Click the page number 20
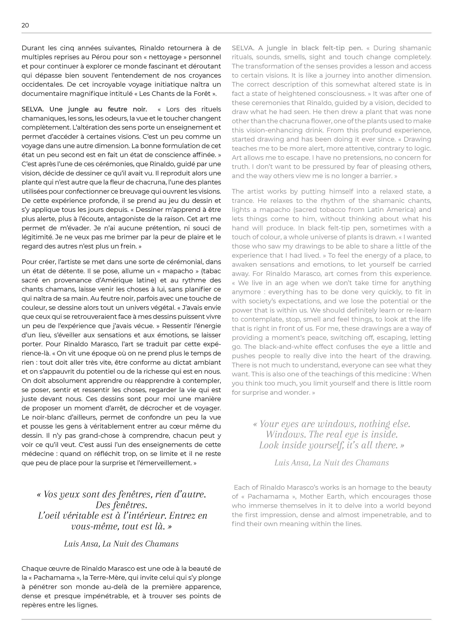point(25,25)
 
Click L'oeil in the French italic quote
point(49,516)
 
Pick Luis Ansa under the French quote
point(81,544)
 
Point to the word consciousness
point(341,94)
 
